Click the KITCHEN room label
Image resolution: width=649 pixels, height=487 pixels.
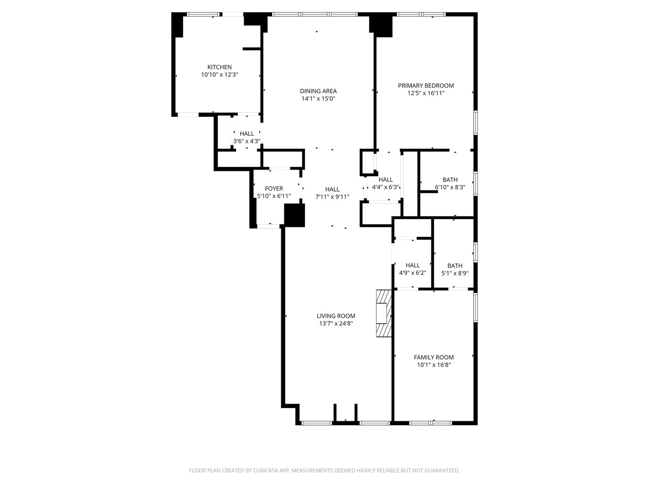pos(219,67)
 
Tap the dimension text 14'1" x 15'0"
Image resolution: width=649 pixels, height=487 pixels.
pos(319,98)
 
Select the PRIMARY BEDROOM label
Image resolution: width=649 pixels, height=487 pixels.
pos(426,86)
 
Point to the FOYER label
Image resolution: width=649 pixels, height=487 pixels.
pos(274,188)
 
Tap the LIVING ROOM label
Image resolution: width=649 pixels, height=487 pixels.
pos(336,316)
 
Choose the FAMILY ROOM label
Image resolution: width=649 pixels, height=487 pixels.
pos(434,357)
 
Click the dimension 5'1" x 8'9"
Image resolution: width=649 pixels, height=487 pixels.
pos(455,273)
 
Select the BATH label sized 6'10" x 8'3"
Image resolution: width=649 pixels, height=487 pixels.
pos(450,179)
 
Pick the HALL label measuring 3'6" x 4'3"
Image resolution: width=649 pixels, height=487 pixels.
pos(247,133)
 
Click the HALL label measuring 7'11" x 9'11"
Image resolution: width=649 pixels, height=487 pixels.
pos(332,189)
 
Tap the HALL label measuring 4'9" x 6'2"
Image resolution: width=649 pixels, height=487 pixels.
pos(412,265)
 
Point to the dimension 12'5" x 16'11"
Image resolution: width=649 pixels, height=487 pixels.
pos(426,93)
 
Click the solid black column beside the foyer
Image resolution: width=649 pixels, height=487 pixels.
pos(295,215)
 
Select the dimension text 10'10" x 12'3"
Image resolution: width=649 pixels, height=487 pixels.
pos(219,75)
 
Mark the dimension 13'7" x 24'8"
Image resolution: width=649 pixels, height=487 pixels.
pos(336,323)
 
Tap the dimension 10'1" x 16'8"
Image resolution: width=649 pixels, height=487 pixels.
pos(434,365)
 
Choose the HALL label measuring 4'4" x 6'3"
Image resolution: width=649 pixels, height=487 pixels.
pos(386,179)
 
